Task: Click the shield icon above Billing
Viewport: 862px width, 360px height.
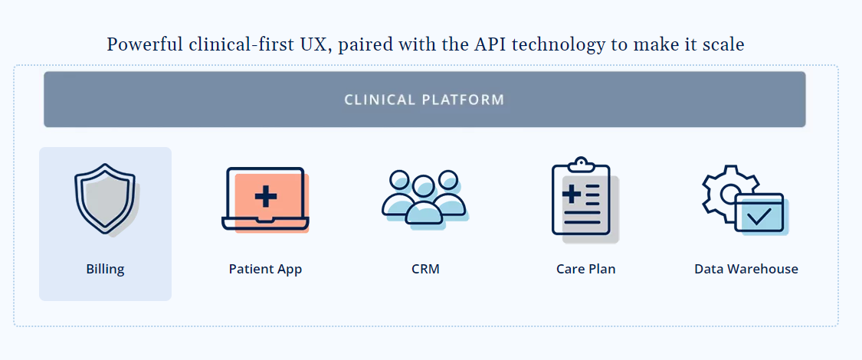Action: click(x=106, y=200)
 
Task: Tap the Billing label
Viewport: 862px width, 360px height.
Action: click(x=105, y=270)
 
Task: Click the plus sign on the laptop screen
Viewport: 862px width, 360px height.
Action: click(x=266, y=196)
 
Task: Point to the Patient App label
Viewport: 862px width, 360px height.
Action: click(x=266, y=270)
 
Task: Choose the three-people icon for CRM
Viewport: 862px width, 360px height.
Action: click(x=425, y=199)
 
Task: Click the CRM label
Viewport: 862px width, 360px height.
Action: click(x=425, y=270)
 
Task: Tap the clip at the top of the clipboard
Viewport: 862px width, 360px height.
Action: click(x=581, y=164)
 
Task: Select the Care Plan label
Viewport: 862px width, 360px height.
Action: click(x=586, y=270)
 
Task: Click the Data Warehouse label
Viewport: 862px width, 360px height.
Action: click(x=746, y=270)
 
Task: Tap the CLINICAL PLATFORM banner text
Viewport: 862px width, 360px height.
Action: click(x=424, y=100)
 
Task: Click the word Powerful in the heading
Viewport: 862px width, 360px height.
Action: click(x=145, y=44)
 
